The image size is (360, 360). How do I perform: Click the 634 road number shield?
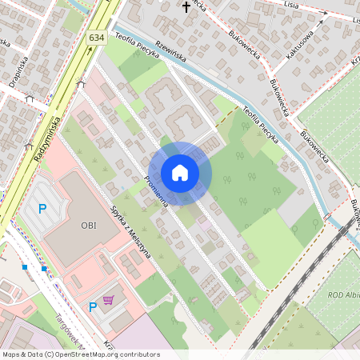97,38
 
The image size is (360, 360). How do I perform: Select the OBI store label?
88,225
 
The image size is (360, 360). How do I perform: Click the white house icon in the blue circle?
180,172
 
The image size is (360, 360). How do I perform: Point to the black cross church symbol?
186,7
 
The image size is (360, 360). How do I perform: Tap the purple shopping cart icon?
109,300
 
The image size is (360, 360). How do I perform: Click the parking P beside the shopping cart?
93,306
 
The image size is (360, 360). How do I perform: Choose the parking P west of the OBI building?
43,210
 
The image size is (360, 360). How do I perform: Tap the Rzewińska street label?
170,52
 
